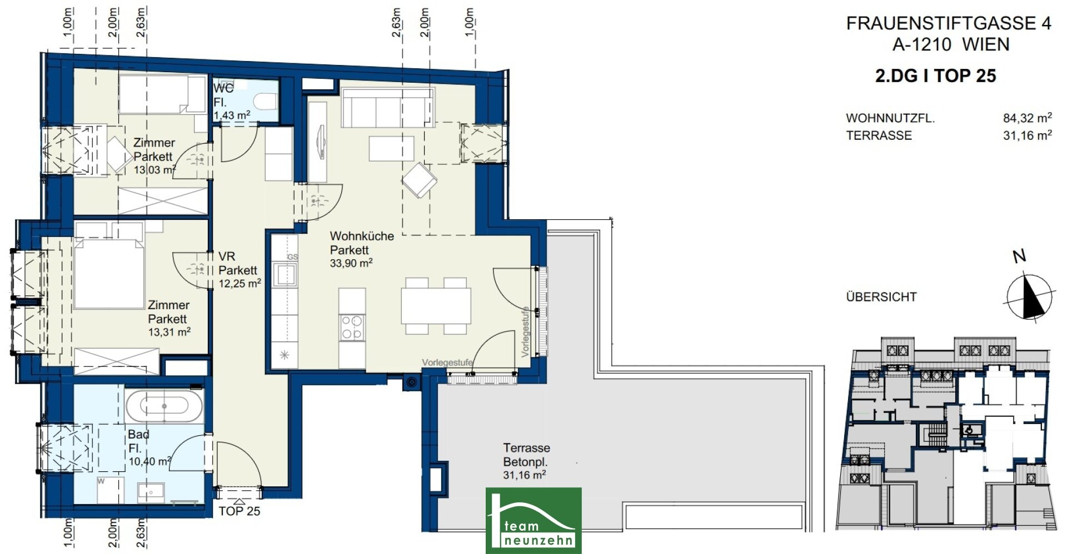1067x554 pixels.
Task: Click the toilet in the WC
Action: coord(266,102)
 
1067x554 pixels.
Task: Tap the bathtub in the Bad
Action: coord(164,406)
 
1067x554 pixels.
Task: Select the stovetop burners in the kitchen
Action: coord(352,327)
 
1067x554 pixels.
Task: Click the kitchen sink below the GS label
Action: coord(285,274)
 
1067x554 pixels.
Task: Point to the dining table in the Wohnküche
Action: coord(436,306)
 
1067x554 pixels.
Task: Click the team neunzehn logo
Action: coord(533,520)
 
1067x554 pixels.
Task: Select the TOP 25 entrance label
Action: coord(239,511)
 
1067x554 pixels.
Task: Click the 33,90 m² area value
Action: coord(351,263)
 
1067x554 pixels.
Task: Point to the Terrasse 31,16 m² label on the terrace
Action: coord(526,461)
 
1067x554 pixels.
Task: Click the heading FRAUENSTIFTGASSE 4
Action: coord(949,23)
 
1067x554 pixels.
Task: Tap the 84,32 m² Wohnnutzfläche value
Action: coord(1027,118)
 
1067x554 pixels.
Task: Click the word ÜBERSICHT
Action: coord(881,297)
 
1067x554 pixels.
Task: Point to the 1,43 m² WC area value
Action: coord(232,115)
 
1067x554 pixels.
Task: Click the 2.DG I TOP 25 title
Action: coord(936,75)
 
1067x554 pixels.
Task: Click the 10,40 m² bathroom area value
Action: coord(150,461)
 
